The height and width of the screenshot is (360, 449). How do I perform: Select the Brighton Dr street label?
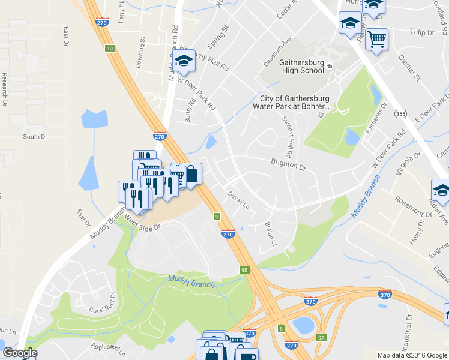tap(288, 164)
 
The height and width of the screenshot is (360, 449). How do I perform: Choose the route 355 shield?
tap(399, 113)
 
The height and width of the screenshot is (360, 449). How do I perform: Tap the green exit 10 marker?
tap(109, 49)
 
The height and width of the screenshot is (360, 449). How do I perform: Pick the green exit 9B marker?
tap(244, 270)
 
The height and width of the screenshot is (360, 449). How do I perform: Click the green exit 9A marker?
tap(321, 338)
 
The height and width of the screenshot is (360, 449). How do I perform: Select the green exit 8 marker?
tap(281, 328)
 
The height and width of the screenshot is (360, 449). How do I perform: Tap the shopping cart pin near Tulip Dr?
tap(376, 40)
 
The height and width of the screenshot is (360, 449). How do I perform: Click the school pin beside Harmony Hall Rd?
tap(184, 61)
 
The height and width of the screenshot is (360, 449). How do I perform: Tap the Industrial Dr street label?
tap(409, 330)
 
